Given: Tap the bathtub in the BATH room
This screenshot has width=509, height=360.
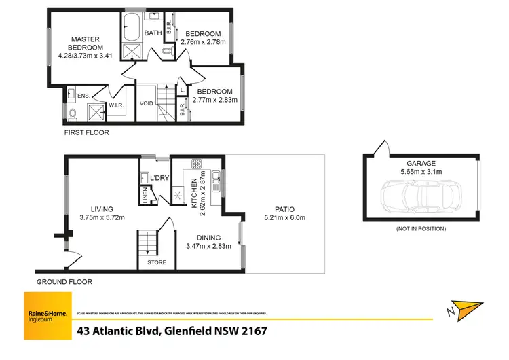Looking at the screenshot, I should pos(131,28).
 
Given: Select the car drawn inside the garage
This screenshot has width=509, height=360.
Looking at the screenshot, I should pos(421,197).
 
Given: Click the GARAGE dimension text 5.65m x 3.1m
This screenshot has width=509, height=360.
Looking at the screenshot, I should pos(421,172).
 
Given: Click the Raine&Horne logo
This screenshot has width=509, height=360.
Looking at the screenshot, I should pos(48,316).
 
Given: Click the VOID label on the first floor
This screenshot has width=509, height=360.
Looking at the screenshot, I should pos(146,104).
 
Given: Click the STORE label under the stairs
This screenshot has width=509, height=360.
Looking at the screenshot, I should pos(157,262).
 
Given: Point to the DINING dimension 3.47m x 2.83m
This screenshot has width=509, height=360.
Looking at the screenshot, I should pos(208,247).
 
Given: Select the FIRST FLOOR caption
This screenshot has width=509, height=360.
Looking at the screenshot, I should pos(86,133).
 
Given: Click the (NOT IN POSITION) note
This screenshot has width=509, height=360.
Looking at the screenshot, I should pos(420,229).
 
